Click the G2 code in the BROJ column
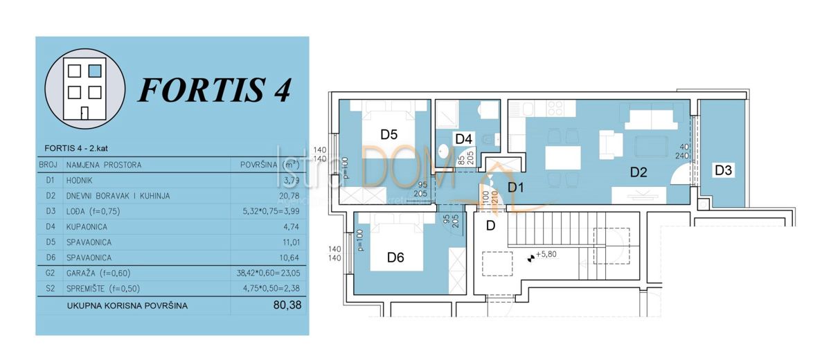tap(48, 273)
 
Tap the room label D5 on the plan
tap(389, 134)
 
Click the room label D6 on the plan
tap(395, 258)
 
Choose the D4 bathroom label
tap(463, 138)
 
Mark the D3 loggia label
tap(724, 170)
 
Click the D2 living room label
tap(638, 173)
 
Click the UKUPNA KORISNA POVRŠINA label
tap(127, 305)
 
